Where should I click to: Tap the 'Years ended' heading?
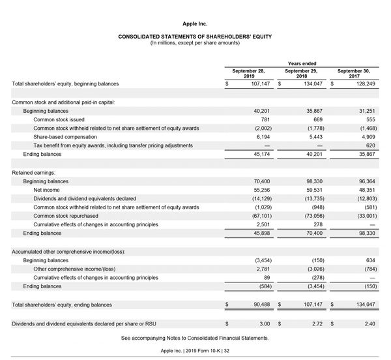coord(302,63)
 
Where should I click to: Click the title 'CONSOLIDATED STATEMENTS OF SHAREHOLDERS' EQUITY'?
coord(195,37)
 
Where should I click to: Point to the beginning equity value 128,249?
coord(364,84)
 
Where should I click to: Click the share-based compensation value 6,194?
coord(261,137)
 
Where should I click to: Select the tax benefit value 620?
coord(371,145)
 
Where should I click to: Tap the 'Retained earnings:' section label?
coord(36,172)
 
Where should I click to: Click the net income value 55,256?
coord(259,190)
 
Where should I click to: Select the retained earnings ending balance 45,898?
coord(259,233)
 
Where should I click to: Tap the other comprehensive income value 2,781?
coord(261,269)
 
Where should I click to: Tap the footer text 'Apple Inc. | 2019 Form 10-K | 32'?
coord(195,351)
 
